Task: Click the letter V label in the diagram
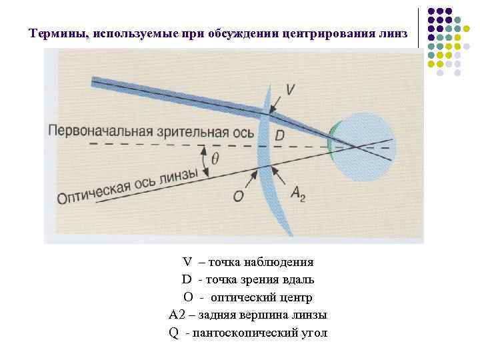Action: coord(290,88)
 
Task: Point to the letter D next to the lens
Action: coord(279,135)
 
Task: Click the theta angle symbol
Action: coord(215,160)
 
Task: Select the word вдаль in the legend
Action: coord(299,279)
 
